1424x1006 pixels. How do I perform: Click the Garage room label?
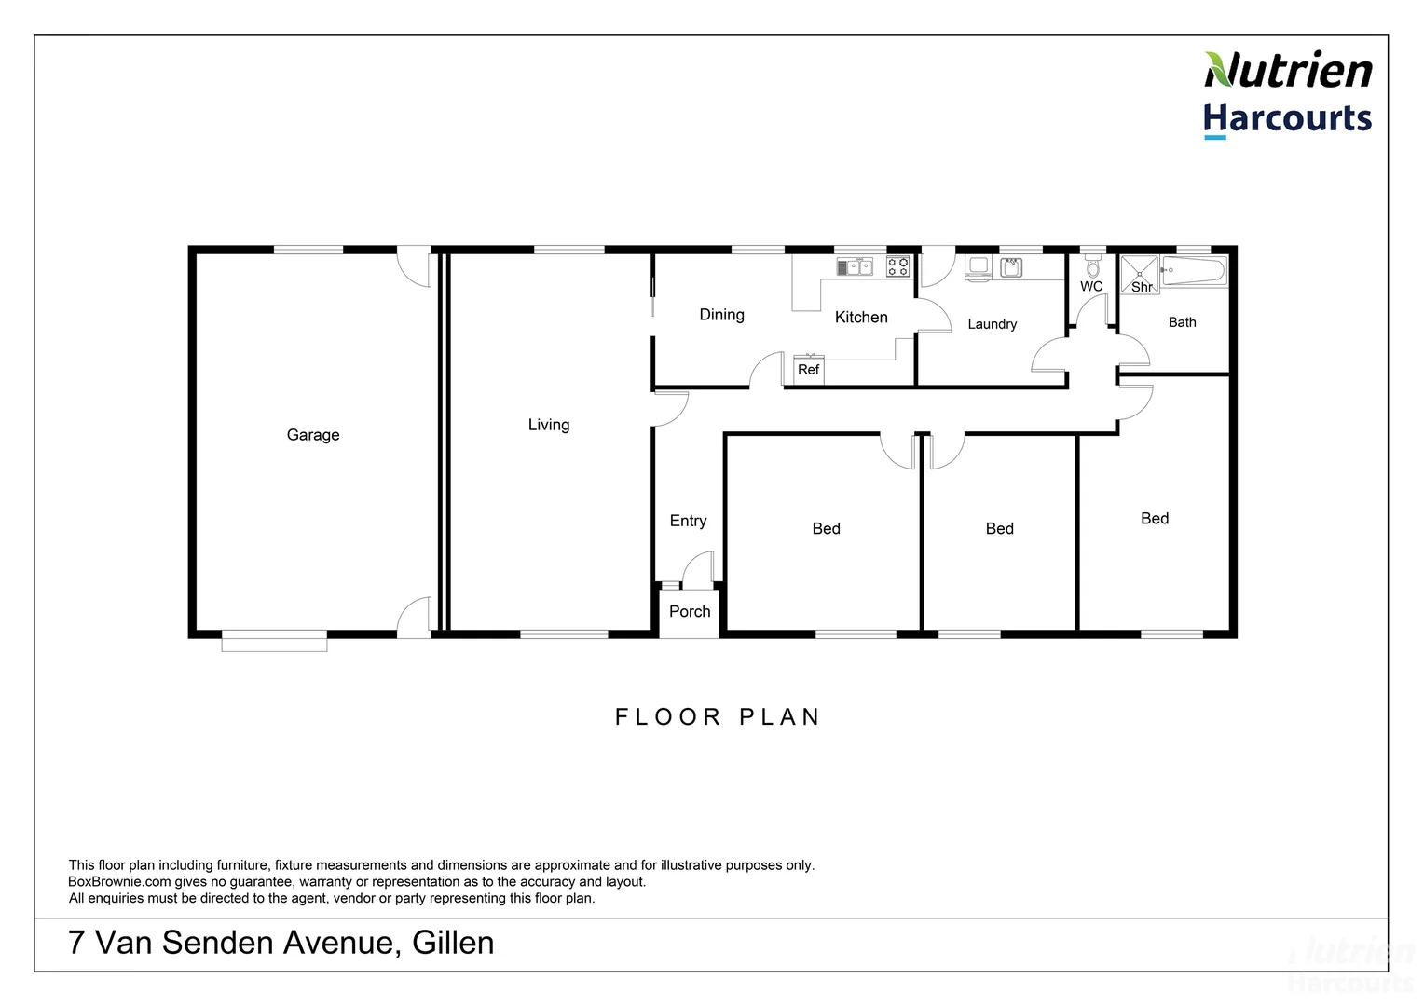pyautogui.click(x=313, y=435)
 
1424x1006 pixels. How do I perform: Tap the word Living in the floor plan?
pyautogui.click(x=548, y=425)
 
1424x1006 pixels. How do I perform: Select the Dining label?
pyautogui.click(x=721, y=315)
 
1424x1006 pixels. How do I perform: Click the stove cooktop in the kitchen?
pyautogui.click(x=897, y=267)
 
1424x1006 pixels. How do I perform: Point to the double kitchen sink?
pyautogui.click(x=855, y=267)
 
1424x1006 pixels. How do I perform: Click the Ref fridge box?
pyautogui.click(x=808, y=370)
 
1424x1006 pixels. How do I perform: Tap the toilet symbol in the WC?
pyautogui.click(x=1093, y=266)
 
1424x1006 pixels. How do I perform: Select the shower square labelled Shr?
pyautogui.click(x=1140, y=275)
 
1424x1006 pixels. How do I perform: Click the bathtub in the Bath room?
pyautogui.click(x=1194, y=273)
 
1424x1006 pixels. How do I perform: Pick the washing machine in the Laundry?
pyautogui.click(x=978, y=267)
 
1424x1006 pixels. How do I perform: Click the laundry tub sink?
pyautogui.click(x=1011, y=268)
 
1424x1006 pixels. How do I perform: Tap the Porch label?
pyautogui.click(x=690, y=612)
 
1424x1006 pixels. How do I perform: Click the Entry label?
pyautogui.click(x=688, y=522)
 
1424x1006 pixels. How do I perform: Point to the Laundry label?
pyautogui.click(x=992, y=324)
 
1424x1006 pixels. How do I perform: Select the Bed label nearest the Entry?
pyautogui.click(x=826, y=529)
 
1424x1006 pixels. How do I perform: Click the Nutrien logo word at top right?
pyautogui.click(x=1288, y=71)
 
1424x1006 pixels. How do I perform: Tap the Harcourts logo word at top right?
pyautogui.click(x=1287, y=119)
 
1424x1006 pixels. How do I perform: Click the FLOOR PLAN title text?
pyautogui.click(x=718, y=717)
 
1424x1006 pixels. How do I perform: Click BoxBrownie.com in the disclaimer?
pyautogui.click(x=119, y=882)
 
